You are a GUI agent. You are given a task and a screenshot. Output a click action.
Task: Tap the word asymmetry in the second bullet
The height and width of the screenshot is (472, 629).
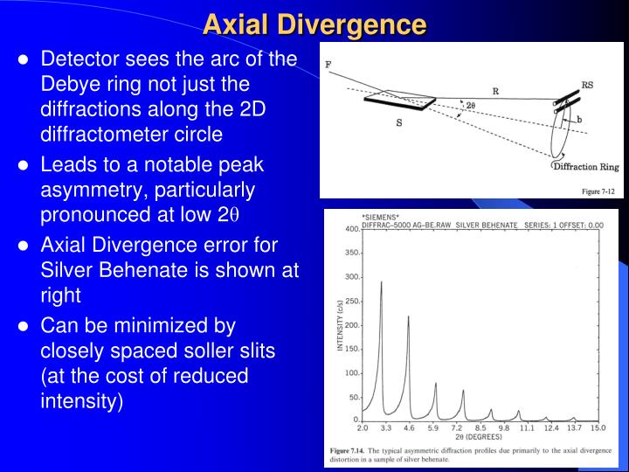pos(92,190)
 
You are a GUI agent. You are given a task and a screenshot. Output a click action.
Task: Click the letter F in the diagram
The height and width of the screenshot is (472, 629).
pos(328,64)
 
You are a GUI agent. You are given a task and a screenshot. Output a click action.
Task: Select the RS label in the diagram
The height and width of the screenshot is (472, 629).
pos(589,86)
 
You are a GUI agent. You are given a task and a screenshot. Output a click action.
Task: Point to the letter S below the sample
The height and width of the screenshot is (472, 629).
pos(399,123)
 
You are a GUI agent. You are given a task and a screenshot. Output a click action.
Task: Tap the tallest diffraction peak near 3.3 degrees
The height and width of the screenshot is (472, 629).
pos(381,283)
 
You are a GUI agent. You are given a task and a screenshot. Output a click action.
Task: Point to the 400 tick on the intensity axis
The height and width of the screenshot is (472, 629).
pos(351,230)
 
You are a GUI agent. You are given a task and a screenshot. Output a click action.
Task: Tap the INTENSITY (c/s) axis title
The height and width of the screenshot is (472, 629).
pos(341,325)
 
